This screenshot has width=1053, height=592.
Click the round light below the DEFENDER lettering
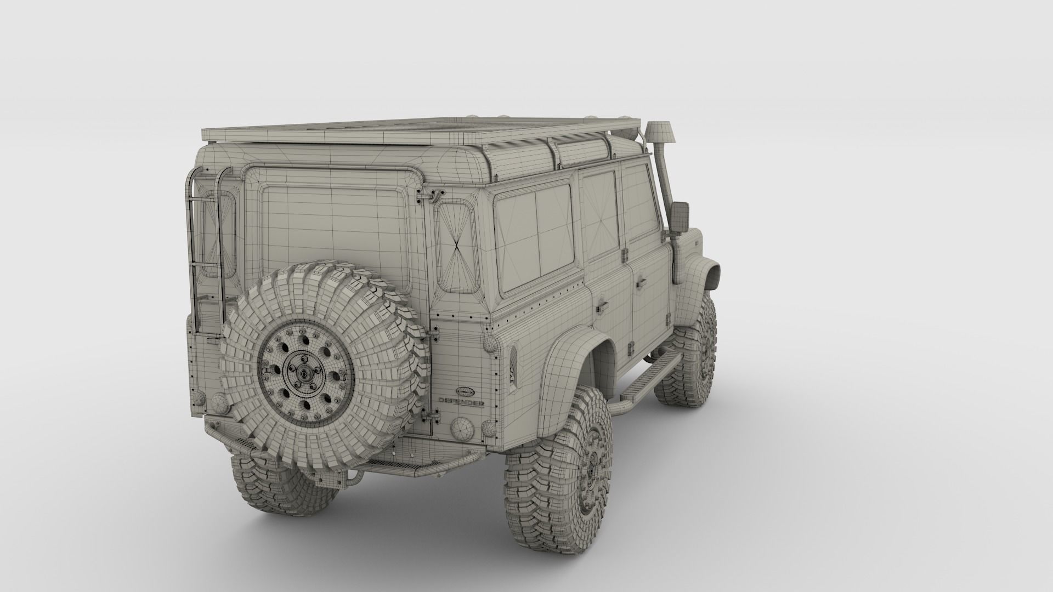(461, 426)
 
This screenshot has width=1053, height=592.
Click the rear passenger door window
(599, 211)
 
